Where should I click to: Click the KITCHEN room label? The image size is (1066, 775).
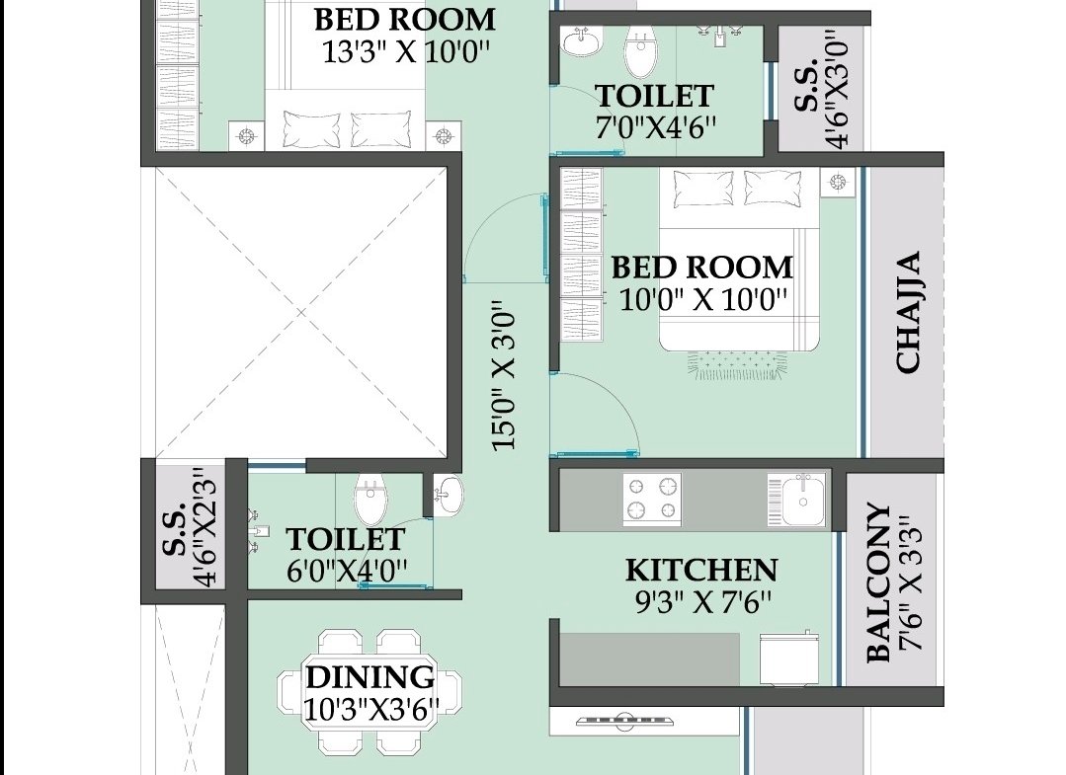[700, 570]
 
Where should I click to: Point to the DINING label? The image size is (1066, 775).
[369, 677]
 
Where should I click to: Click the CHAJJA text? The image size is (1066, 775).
[908, 312]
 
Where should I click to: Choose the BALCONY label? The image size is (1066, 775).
[878, 582]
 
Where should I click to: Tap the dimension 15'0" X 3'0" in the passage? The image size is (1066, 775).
[505, 375]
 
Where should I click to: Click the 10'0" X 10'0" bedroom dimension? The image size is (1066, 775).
[703, 299]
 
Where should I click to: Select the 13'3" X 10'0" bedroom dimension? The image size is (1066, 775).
[406, 51]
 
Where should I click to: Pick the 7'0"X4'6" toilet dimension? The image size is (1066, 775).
[656, 127]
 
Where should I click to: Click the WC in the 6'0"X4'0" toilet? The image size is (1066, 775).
[370, 498]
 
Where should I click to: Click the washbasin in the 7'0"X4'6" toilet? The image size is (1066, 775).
[582, 41]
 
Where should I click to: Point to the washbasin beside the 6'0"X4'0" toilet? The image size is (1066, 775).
[448, 495]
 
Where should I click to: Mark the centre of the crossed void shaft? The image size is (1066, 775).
[301, 312]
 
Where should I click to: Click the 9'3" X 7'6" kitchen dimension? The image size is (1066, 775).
[703, 602]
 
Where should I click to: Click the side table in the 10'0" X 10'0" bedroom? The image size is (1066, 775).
[838, 182]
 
